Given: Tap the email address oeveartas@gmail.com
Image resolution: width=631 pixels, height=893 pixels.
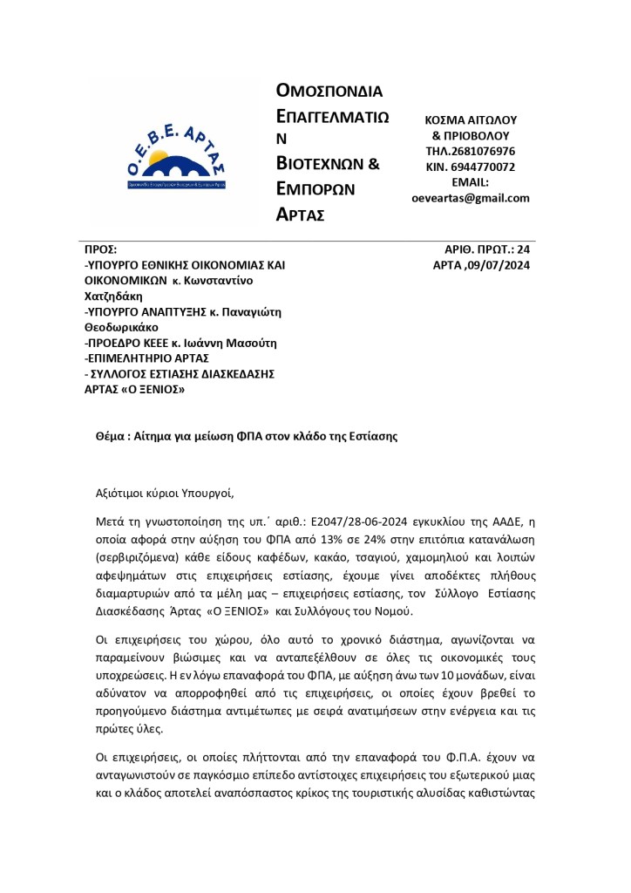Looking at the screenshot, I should click(471, 198).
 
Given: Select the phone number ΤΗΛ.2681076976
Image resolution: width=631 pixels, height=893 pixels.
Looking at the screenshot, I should click(471, 151).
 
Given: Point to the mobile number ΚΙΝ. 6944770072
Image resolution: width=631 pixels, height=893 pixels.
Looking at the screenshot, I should click(471, 167).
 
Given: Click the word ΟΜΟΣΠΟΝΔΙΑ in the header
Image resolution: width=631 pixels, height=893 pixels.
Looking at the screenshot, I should click(329, 91).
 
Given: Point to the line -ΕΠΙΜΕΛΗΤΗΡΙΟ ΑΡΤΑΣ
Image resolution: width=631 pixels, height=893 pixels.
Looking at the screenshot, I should click(146, 358).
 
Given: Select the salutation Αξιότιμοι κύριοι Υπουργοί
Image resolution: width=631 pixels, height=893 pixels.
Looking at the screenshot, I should click(165, 493).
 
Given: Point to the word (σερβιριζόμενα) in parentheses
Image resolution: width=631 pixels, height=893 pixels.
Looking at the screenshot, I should click(137, 559).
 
